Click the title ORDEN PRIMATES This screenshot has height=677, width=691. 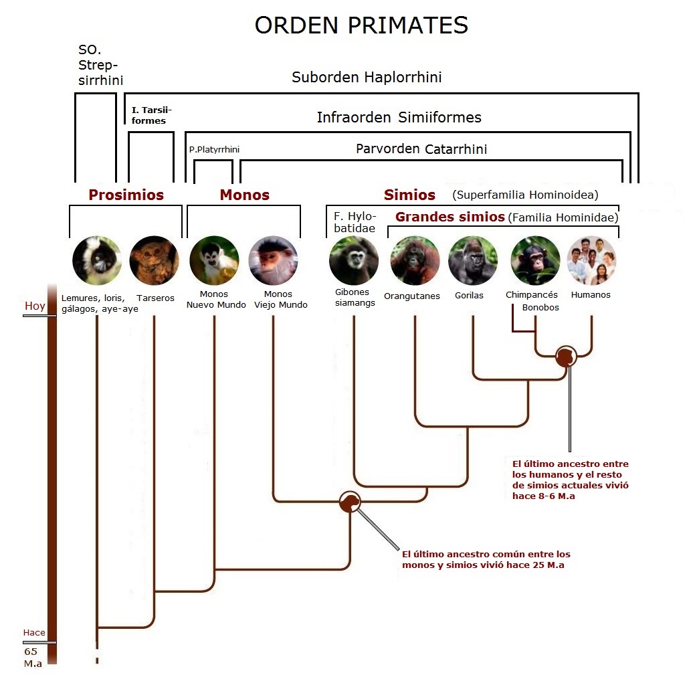tap(361, 25)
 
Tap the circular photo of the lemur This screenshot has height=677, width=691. tap(97, 260)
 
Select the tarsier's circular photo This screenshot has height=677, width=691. tap(155, 260)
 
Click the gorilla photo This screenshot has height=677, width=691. tap(473, 260)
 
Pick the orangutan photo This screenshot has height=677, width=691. tap(415, 260)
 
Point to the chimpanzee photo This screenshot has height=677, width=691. tap(535, 260)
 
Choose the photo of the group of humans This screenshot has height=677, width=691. tap(591, 260)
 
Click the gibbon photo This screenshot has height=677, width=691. tap(354, 260)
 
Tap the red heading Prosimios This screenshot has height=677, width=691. tap(126, 195)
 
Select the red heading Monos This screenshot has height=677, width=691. tap(245, 195)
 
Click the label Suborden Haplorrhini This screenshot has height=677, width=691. tap(367, 77)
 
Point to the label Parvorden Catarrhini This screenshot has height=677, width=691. tap(421, 149)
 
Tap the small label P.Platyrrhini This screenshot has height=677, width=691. tap(214, 149)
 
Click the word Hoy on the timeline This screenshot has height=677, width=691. tap(35, 306)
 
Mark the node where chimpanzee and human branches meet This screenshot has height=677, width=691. tap(566, 356)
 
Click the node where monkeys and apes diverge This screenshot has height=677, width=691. tap(351, 502)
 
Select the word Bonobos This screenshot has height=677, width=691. tap(540, 308)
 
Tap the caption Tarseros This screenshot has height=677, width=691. tap(156, 298)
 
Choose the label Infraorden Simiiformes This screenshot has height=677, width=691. tap(399, 117)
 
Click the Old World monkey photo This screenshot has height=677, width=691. tap(273, 260)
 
